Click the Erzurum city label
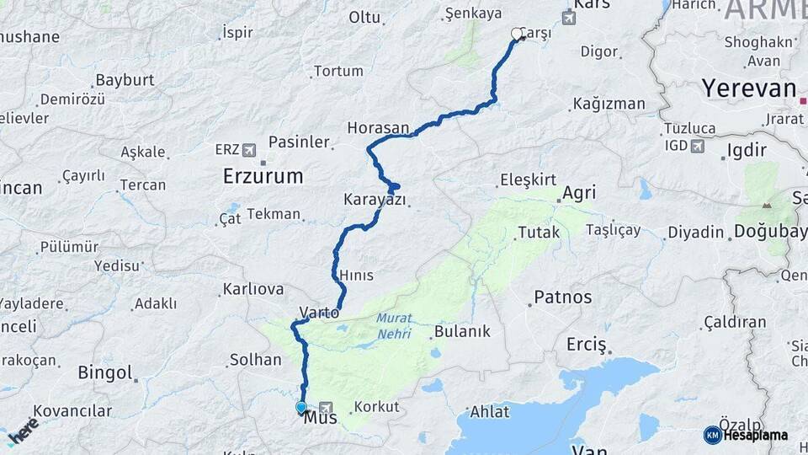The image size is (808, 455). tap(263, 176)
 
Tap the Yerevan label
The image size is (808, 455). tap(748, 88)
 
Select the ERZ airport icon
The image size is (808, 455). tap(248, 150)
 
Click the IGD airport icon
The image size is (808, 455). tap(697, 147)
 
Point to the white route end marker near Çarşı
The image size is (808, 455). tap(517, 34)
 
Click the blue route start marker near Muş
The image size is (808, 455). tap(301, 408)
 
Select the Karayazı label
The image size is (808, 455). tap(375, 200)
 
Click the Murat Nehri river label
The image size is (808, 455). tap(393, 325)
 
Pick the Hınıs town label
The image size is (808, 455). tap(356, 276)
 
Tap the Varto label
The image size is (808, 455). tap(320, 313)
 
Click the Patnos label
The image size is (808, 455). tap(563, 297)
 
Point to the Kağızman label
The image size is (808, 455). tap(609, 104)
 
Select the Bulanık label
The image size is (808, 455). tap(462, 331)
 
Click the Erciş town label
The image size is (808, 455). tap(587, 344)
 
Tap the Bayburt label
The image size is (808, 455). tap(125, 80)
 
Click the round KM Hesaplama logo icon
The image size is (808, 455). tap(712, 434)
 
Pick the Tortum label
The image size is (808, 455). tap(338, 71)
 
